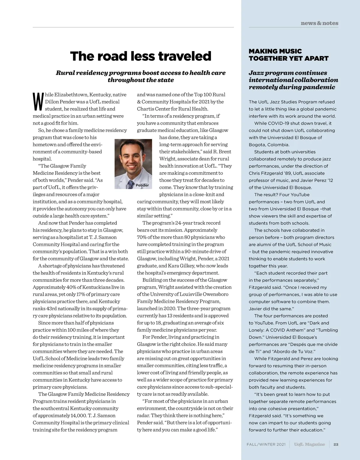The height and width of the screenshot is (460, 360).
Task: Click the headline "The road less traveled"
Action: coord(141,56)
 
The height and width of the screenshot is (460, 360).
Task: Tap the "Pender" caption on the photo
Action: coord(142,185)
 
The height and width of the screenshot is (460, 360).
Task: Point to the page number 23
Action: coord(336,444)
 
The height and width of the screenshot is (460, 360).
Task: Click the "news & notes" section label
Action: coord(319,23)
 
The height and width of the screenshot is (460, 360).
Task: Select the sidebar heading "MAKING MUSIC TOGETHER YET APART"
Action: coord(288,55)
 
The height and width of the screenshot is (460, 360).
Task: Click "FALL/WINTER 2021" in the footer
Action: coord(266,444)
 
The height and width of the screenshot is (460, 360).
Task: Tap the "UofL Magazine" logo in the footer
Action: coord(309,444)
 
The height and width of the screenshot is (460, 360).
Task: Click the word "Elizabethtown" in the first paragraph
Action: coord(71,95)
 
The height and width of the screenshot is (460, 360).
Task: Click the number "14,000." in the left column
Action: coord(79,416)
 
